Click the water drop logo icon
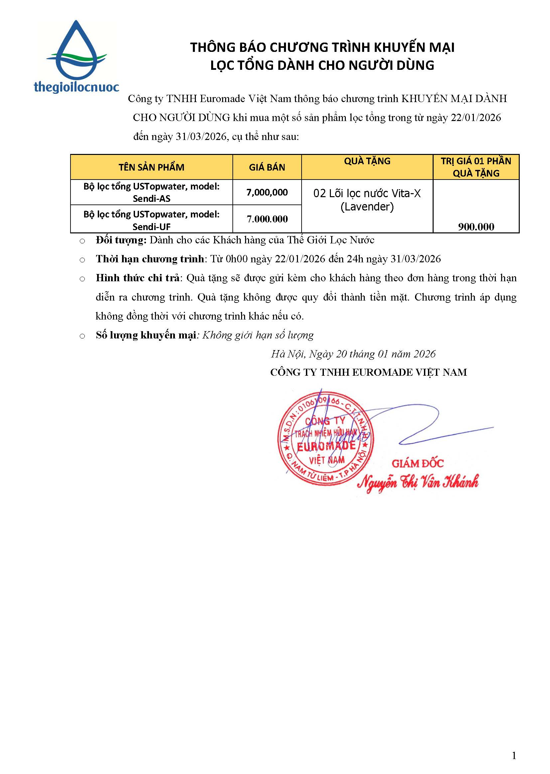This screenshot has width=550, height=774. (x=76, y=51)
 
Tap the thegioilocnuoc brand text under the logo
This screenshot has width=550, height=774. (x=76, y=87)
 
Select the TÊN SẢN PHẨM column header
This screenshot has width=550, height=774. (x=151, y=167)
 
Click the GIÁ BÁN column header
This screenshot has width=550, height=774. (x=267, y=167)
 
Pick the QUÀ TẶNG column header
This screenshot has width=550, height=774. (x=367, y=161)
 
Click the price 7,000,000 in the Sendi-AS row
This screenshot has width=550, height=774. (x=267, y=192)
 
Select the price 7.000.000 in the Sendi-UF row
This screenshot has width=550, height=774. (x=267, y=219)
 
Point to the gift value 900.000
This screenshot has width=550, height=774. (x=476, y=227)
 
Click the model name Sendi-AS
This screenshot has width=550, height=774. (x=151, y=199)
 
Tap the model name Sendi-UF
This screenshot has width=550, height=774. (x=151, y=226)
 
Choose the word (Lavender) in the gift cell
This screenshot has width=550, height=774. (x=367, y=206)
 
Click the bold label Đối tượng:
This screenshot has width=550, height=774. (x=121, y=240)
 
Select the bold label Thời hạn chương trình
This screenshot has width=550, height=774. (x=150, y=259)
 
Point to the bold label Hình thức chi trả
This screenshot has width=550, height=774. (x=137, y=278)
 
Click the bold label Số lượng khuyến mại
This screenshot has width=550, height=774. (x=146, y=335)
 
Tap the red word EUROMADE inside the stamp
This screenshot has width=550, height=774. (x=326, y=446)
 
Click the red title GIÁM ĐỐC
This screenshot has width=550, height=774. (x=418, y=463)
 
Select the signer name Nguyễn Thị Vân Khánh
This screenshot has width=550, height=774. (x=418, y=482)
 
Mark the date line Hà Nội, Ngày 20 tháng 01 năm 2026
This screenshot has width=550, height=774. (x=353, y=354)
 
